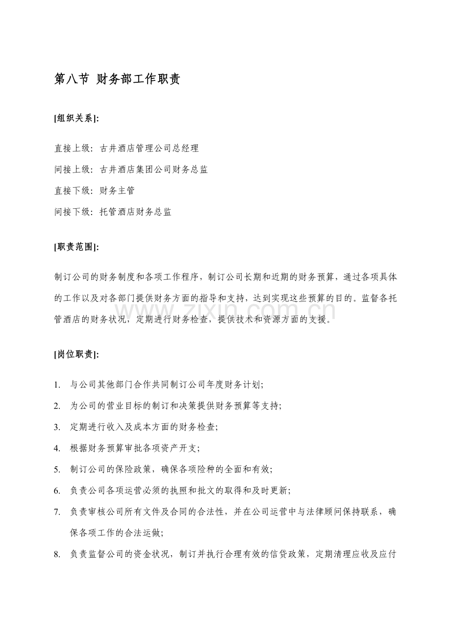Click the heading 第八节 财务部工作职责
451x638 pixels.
pos(117,79)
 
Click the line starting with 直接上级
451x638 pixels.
pos(126,148)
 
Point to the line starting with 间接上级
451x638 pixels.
pos(131,170)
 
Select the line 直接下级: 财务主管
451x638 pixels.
pos(95,191)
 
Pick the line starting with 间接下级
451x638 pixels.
pos(113,212)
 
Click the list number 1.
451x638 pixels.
pos(57,385)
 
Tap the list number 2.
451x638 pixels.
pos(57,406)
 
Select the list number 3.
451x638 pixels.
pos(57,427)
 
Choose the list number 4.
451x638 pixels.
pos(57,448)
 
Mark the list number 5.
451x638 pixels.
pos(57,469)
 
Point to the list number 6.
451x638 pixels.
pos(57,491)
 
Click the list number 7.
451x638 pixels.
pos(57,512)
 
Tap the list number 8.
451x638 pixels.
pos(57,554)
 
